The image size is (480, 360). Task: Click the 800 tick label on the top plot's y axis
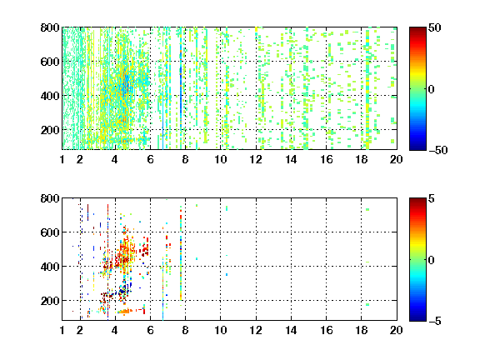tap(50, 27)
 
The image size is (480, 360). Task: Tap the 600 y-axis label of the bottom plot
tap(50, 232)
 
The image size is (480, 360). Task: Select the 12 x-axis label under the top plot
tap(256, 159)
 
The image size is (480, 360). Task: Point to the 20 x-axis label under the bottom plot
tap(396, 330)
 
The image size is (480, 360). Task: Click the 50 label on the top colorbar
tap(435, 27)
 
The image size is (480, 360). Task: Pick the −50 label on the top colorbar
tap(438, 150)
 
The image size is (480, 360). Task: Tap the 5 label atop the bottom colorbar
tap(432, 198)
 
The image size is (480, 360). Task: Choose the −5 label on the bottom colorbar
tap(435, 321)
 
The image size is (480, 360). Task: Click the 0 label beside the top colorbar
tap(432, 89)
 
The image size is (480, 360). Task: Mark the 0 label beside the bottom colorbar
tap(432, 260)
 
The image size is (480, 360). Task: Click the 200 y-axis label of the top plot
tap(50, 130)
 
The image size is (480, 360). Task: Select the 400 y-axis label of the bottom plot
tap(50, 267)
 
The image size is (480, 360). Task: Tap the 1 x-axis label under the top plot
tap(62, 159)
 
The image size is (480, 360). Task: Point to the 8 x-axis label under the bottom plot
tap(185, 330)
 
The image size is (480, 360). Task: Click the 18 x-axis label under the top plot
tap(361, 159)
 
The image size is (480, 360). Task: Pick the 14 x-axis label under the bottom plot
tap(291, 330)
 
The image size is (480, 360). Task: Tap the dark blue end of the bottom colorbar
tap(417, 318)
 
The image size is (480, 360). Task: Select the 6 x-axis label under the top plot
tap(150, 159)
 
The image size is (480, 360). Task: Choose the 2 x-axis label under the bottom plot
tap(80, 330)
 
